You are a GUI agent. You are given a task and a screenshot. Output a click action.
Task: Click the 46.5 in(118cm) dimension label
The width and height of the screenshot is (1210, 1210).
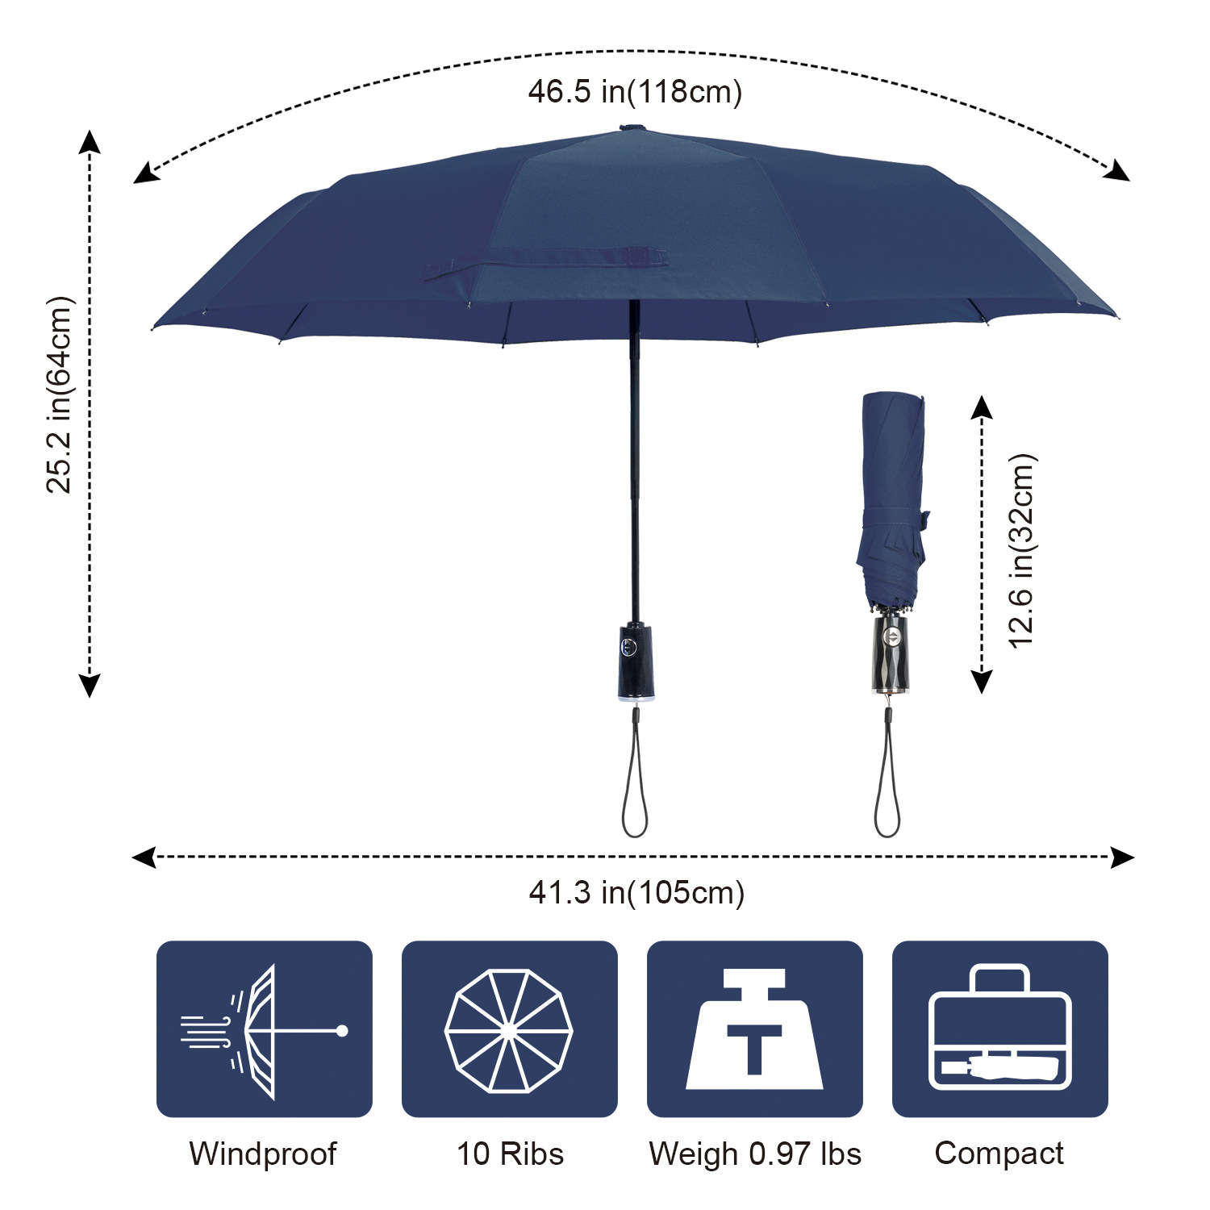[x=635, y=91]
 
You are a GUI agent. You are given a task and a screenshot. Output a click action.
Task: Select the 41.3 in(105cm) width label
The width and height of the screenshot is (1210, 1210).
[x=636, y=892]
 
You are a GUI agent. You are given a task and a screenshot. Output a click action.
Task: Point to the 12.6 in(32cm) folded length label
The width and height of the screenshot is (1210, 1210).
[x=1021, y=551]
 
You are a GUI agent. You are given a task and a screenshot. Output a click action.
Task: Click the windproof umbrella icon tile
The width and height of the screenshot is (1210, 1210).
[x=264, y=1028]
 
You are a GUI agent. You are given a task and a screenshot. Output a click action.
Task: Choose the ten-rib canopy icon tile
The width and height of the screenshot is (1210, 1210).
[x=509, y=1028]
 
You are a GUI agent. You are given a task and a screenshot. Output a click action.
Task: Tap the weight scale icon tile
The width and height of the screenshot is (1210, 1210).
[x=754, y=1028]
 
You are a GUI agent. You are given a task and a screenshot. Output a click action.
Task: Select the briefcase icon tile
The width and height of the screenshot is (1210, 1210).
[x=999, y=1028]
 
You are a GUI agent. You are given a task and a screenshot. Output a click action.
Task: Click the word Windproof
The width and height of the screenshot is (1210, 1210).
[x=262, y=1154]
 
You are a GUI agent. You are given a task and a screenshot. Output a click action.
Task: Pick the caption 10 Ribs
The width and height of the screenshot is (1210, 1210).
[x=510, y=1154]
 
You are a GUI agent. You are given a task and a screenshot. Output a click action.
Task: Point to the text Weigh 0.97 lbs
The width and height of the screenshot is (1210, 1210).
[x=755, y=1154]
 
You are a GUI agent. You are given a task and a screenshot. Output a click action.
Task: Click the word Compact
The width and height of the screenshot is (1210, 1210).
[x=999, y=1153]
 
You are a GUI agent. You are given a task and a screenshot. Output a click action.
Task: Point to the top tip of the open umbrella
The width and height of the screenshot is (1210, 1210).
[x=632, y=127]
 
